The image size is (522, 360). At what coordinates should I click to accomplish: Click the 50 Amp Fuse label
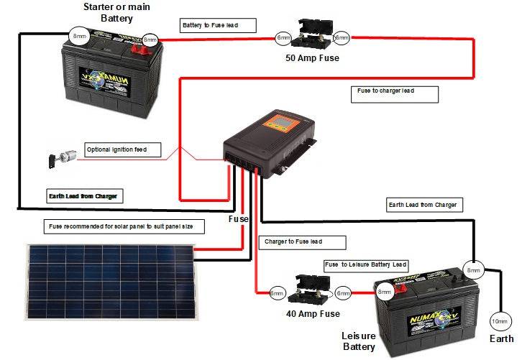pos(312,57)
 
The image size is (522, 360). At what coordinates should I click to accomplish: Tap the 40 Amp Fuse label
pos(312,313)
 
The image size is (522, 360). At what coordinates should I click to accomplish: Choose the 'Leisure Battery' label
pos(359,341)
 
